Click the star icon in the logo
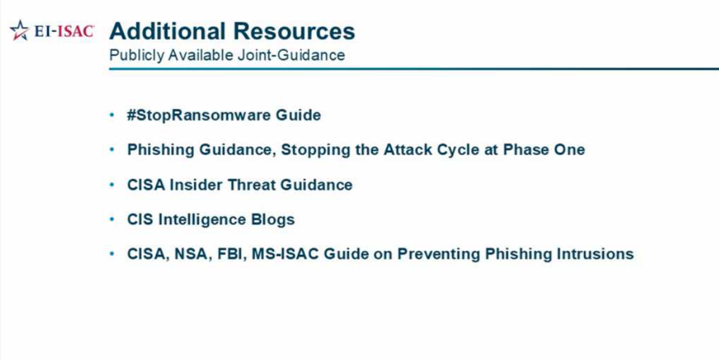[19, 31]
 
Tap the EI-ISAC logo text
[64, 31]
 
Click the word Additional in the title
[168, 31]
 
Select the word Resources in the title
[295, 31]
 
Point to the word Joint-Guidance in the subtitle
[291, 56]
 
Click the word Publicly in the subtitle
[136, 56]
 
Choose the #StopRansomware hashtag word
[199, 115]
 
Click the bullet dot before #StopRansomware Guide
[112, 115]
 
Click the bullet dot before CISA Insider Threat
[112, 185]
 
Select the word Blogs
[273, 219]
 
